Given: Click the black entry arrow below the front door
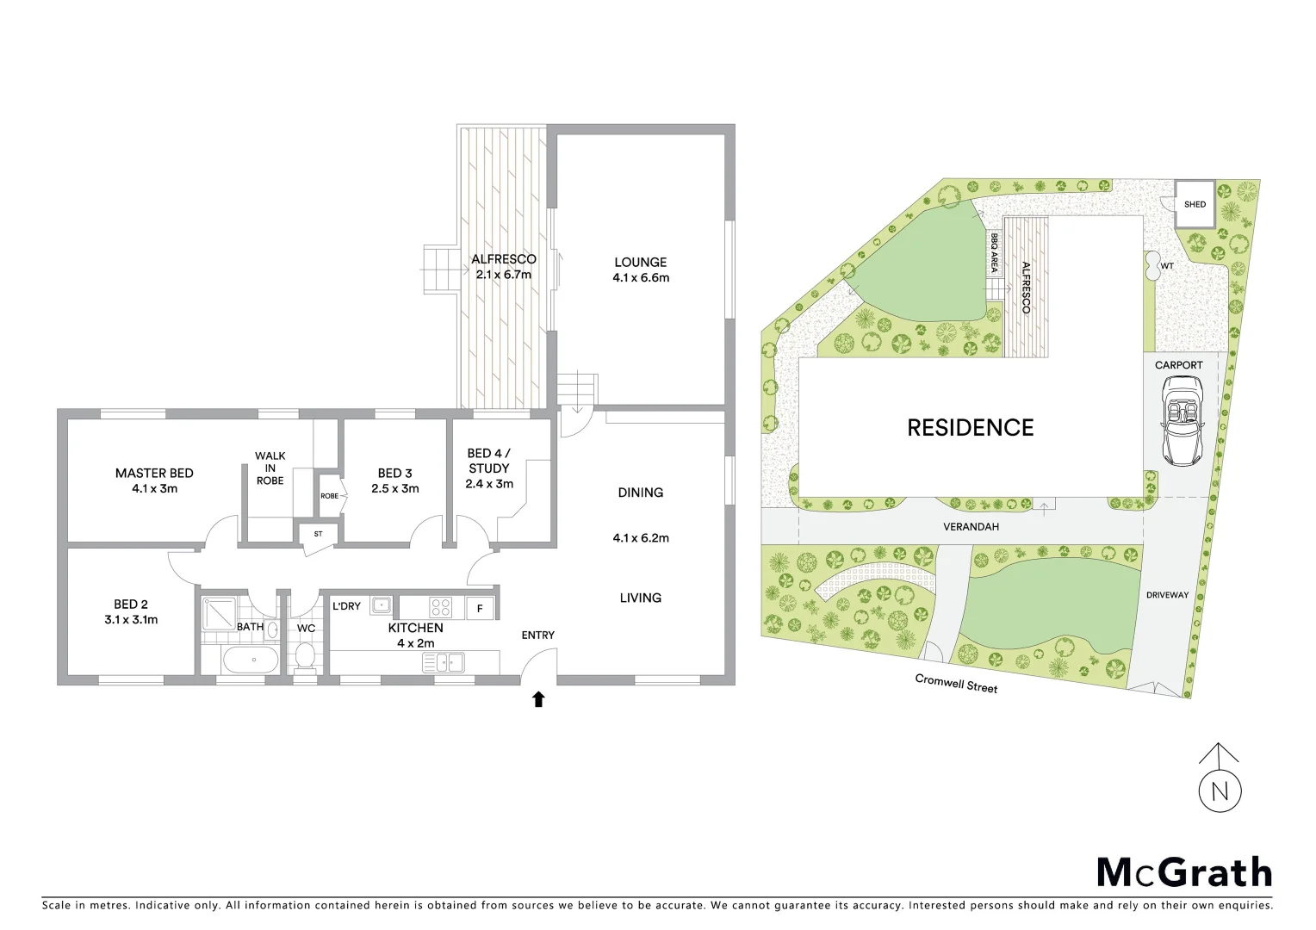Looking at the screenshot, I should click(539, 699).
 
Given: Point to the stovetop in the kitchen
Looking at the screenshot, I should click(441, 607).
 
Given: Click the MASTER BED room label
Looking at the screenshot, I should click(154, 473).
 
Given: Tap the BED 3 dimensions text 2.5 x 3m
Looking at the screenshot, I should click(395, 488).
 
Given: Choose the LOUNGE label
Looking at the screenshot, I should click(640, 262).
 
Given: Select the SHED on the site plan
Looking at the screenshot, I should click(1195, 204).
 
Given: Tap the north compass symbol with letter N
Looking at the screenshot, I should click(1220, 790).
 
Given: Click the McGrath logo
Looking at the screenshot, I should click(1183, 872).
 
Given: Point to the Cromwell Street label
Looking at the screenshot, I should click(956, 684).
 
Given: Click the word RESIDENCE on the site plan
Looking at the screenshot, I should click(970, 427).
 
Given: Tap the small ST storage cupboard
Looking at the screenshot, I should click(318, 534).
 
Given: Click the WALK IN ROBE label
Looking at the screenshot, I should click(270, 468).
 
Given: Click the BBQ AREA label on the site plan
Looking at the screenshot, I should click(994, 252).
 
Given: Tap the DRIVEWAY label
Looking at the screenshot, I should click(1167, 595).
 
